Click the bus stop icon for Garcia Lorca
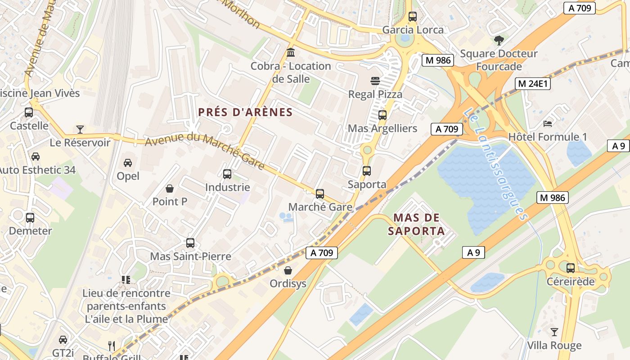click(x=413, y=17)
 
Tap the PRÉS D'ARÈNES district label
click(x=245, y=112)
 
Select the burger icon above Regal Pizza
click(x=375, y=81)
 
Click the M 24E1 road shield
click(x=534, y=84)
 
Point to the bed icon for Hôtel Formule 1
click(x=548, y=123)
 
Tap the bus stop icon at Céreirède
click(x=571, y=268)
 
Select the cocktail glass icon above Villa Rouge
click(x=554, y=332)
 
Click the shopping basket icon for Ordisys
click(x=288, y=270)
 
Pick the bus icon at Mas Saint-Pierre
click(x=190, y=243)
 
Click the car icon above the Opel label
click(x=128, y=162)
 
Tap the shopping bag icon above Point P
click(x=170, y=188)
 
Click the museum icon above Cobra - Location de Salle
click(x=291, y=53)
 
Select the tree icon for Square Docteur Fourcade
click(x=499, y=40)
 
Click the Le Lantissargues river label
click(x=495, y=164)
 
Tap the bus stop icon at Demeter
click(x=30, y=218)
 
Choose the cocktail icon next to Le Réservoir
click(x=80, y=130)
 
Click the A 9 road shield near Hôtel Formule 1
click(x=619, y=145)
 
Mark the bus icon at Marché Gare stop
click(x=320, y=194)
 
